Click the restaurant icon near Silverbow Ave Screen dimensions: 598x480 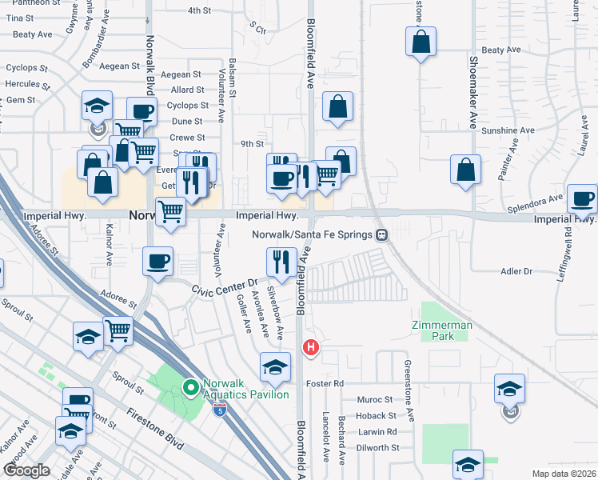(x=281, y=260)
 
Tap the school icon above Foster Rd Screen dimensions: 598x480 (x=275, y=366)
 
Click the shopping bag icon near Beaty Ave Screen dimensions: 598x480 (x=421, y=42)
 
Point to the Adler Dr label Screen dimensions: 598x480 (x=516, y=272)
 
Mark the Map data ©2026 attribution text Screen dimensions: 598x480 (x=564, y=474)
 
